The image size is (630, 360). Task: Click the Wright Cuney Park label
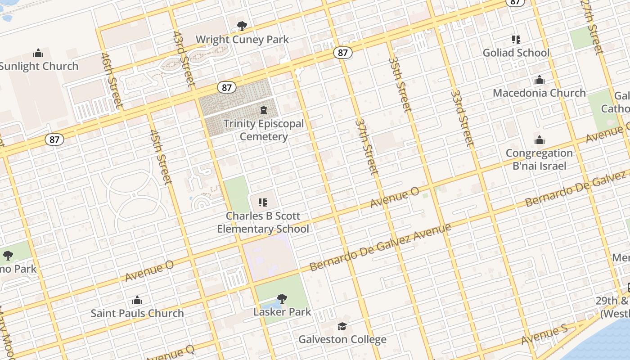[242, 40]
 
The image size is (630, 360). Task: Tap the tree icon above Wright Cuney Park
[242, 26]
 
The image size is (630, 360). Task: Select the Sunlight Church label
[39, 66]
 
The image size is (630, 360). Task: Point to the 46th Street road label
[112, 81]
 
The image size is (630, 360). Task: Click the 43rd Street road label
[184, 58]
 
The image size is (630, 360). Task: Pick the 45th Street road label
[161, 157]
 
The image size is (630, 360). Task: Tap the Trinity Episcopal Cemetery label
[264, 130]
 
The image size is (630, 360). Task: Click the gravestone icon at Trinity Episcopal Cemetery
[264, 110]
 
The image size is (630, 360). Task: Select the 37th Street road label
[367, 146]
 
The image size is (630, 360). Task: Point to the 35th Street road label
[400, 84]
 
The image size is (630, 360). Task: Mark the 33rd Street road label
[463, 118]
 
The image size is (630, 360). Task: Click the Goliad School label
[516, 53]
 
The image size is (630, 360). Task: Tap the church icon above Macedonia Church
[539, 81]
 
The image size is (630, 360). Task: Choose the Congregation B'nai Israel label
[539, 159]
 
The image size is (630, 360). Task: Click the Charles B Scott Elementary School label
[263, 222]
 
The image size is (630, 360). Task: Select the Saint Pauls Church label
[137, 313]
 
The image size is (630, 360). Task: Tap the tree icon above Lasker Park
[282, 298]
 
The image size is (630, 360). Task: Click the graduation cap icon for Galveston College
[342, 326]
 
